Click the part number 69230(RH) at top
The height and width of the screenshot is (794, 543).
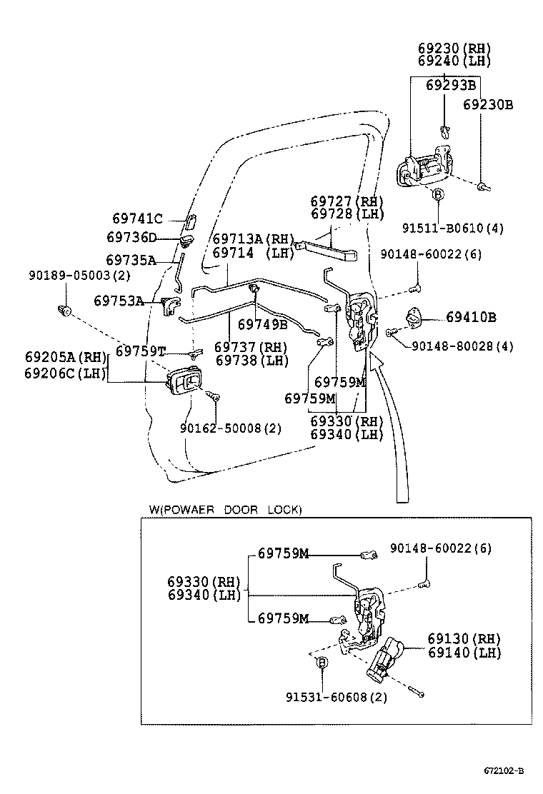tap(454, 48)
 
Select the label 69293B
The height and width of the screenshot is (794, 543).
tap(451, 85)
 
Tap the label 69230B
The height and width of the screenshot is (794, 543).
tap(487, 104)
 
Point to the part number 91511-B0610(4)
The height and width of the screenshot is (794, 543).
tap(453, 228)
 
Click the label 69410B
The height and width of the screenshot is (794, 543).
tap(471, 316)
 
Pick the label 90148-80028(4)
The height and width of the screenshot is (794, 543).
tap(462, 346)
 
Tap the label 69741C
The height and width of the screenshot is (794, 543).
tap(138, 218)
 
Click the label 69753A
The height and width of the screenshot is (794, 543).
tap(119, 301)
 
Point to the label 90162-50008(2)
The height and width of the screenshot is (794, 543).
tap(230, 428)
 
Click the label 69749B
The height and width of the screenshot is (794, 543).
tap(262, 325)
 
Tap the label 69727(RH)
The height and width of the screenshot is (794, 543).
tap(347, 201)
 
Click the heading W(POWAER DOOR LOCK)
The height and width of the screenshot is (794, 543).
tap(225, 509)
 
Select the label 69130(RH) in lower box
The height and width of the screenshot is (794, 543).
tap(464, 638)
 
